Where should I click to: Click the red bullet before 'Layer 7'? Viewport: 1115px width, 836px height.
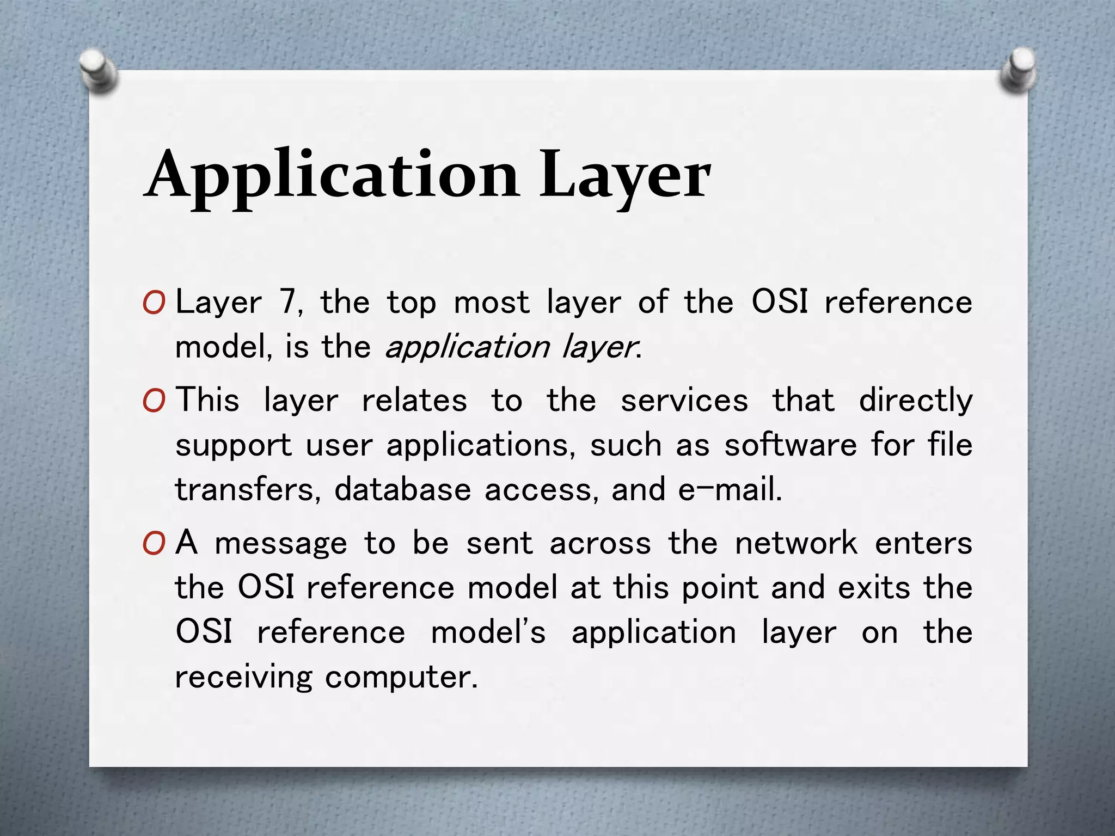154,304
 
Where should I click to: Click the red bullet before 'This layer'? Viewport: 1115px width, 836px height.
154,402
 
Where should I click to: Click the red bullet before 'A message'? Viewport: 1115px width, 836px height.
154,544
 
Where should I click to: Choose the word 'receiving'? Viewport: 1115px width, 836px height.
243,678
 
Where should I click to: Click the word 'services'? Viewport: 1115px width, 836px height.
684,402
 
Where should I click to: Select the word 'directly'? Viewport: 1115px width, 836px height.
915,402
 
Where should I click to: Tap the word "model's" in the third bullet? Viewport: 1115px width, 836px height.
488,633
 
